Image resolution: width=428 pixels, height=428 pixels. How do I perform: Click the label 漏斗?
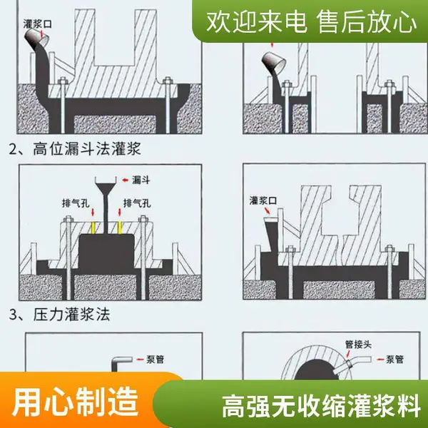click(x=141, y=180)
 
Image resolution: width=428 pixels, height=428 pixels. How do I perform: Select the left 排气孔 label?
click(x=76, y=203)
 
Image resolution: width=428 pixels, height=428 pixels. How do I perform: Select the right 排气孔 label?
click(x=137, y=203)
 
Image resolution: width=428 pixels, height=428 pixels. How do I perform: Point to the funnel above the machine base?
click(x=106, y=188)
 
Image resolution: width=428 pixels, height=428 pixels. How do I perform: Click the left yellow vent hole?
click(x=93, y=228)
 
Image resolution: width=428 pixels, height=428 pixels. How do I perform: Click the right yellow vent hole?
click(x=119, y=228)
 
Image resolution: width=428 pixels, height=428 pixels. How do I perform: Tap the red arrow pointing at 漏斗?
click(x=126, y=180)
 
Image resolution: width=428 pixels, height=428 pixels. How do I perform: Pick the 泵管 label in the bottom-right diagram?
click(x=394, y=360)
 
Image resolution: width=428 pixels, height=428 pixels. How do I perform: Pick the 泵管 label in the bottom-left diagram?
click(x=155, y=360)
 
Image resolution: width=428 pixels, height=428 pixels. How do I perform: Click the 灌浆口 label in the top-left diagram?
click(x=37, y=24)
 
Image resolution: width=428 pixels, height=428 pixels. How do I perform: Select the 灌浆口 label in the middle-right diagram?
click(x=263, y=200)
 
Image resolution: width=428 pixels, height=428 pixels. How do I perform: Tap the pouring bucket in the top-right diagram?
click(x=274, y=61)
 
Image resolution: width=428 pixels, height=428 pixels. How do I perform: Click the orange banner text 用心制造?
click(x=76, y=402)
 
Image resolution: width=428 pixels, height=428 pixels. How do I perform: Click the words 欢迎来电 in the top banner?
click(x=257, y=22)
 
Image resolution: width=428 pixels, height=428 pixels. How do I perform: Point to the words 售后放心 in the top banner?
click(x=367, y=22)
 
